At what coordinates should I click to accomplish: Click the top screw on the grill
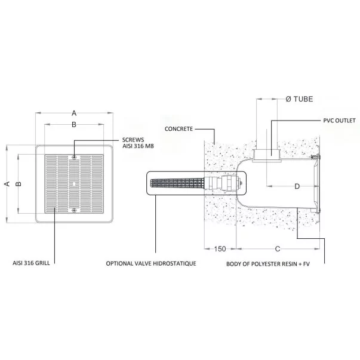74,157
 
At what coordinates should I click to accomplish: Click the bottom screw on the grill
74,210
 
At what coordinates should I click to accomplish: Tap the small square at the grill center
74,184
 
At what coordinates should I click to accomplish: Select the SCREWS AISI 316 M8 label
138,143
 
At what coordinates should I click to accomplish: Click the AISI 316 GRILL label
31,263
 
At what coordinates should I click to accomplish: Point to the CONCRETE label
179,129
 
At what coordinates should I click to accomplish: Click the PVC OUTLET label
339,121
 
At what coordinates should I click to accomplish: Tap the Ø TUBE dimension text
299,99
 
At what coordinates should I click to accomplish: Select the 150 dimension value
220,248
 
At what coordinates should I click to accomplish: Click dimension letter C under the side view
278,248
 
